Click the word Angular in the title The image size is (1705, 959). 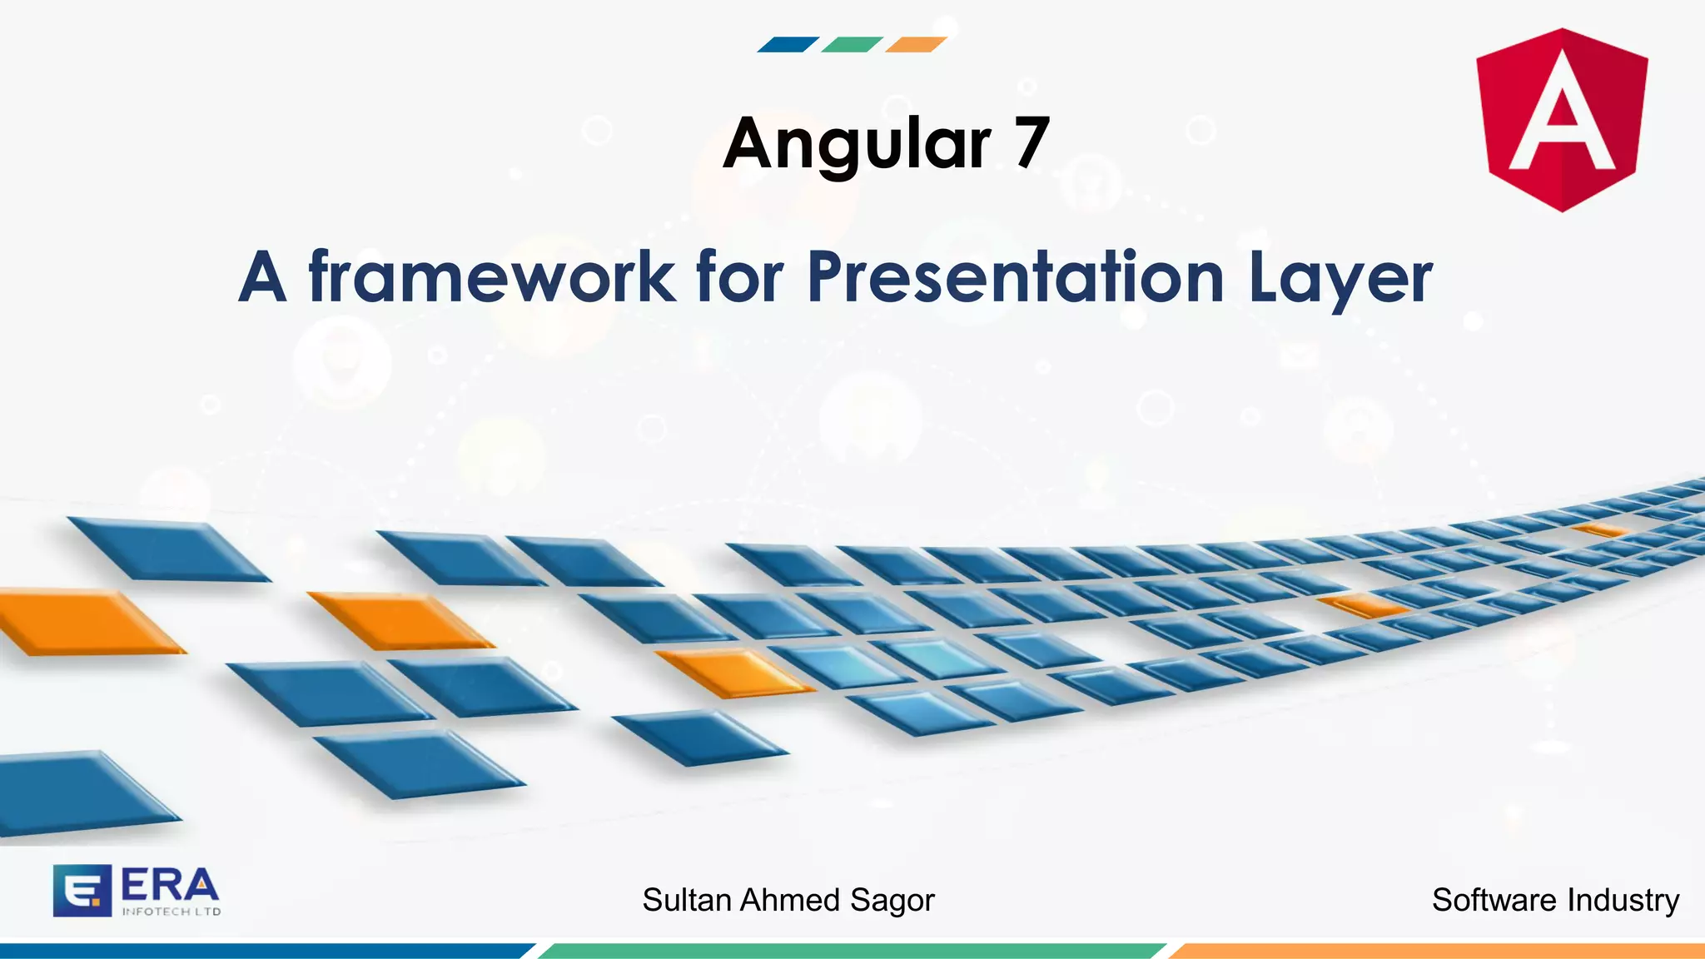point(857,144)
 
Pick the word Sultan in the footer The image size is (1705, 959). point(688,900)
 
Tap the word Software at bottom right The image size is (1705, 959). point(1494,900)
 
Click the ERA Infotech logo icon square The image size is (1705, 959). point(82,891)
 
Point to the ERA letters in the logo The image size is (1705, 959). point(170,885)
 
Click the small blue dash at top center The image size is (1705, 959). point(788,45)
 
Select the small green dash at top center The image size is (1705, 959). point(852,45)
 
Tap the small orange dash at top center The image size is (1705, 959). point(916,45)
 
